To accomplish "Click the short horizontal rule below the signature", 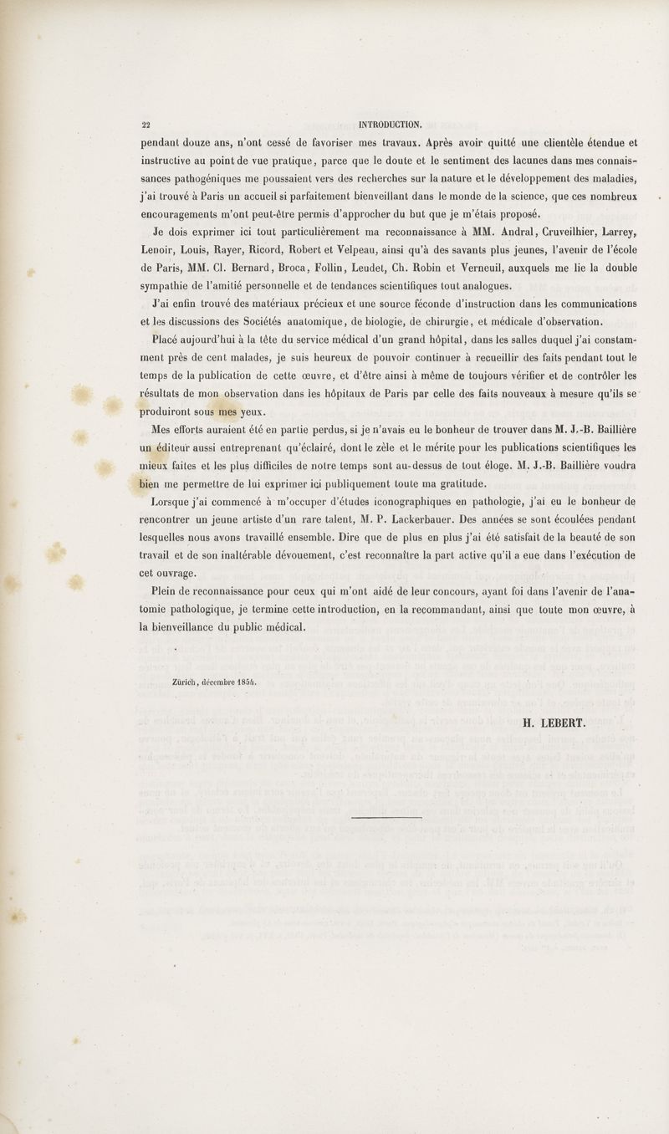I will click(x=386, y=817).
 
